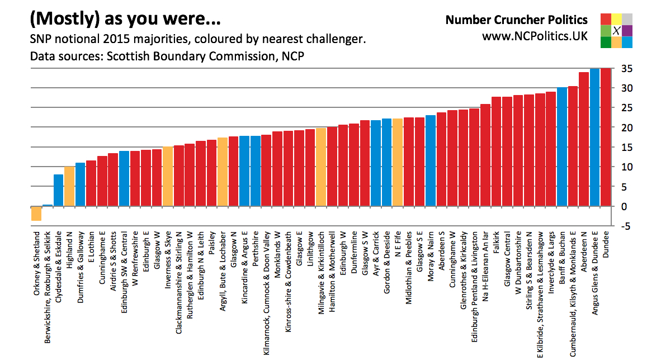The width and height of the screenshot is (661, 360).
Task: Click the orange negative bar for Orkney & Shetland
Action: [36, 214]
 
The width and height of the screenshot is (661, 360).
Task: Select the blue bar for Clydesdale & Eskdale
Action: [58, 191]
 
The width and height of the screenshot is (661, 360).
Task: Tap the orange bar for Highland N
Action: [69, 186]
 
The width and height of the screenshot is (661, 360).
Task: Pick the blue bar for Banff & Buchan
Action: [562, 147]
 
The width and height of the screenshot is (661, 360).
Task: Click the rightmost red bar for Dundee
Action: [606, 137]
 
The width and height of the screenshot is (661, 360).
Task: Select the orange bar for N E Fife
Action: [398, 163]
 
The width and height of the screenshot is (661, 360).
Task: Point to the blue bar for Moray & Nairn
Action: [431, 161]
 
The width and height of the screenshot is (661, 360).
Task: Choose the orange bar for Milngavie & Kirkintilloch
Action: [321, 167]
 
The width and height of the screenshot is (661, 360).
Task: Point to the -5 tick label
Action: [626, 226]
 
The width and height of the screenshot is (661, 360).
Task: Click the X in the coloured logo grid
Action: [616, 31]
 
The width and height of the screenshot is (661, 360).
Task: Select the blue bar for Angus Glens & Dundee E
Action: [595, 138]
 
